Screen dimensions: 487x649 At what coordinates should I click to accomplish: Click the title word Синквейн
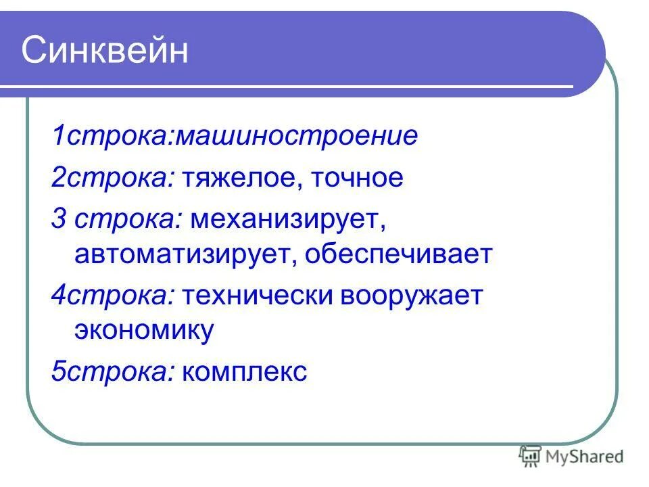point(105,51)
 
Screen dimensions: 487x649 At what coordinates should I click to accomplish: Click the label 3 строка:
point(116,219)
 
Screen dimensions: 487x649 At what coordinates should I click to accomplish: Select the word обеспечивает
point(398,255)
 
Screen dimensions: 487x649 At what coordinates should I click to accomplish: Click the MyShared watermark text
point(584,457)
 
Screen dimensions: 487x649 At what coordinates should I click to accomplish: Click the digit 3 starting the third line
point(59,219)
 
